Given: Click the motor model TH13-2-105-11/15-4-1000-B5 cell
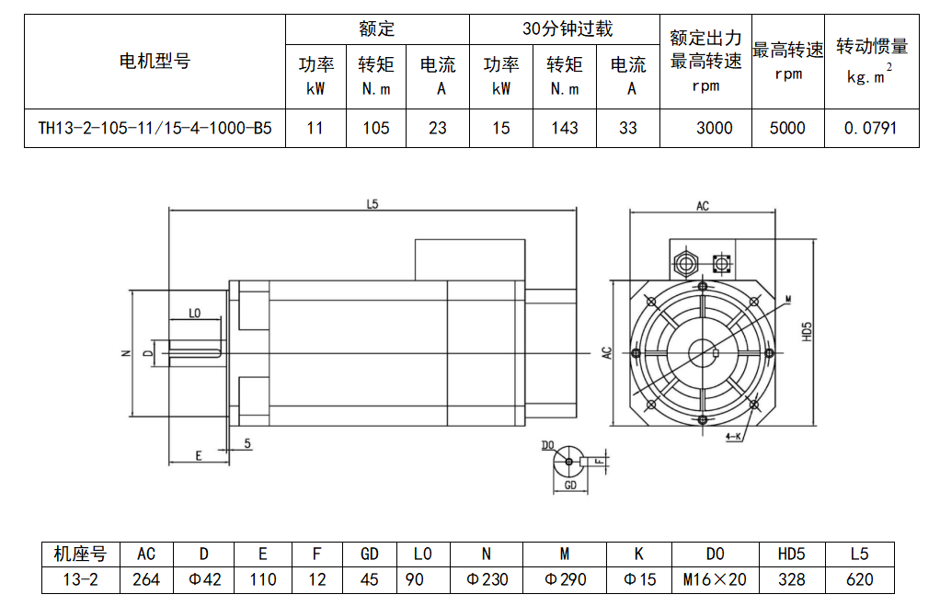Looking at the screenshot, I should tap(155, 128).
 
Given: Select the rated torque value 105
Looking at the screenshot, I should tap(375, 128).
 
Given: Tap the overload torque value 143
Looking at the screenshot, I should tap(565, 128).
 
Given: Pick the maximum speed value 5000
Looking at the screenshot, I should tap(787, 128).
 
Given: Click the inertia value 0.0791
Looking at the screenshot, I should tap(870, 128).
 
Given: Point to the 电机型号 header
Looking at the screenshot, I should tap(155, 62).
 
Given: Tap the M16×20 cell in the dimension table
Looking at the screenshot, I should tap(715, 579).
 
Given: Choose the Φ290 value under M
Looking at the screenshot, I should tap(565, 579).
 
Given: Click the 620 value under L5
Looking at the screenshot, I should tap(859, 579).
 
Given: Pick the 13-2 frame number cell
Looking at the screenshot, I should tap(80, 579).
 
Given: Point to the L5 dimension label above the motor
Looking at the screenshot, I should tap(372, 205).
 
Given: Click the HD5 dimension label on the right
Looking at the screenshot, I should tap(807, 332).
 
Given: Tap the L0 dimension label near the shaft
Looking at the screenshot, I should tap(194, 314).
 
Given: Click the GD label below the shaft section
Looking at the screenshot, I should tap(570, 484).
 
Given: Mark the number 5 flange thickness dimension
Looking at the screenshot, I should tap(248, 442).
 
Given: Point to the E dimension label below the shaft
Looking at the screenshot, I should tap(198, 455).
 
